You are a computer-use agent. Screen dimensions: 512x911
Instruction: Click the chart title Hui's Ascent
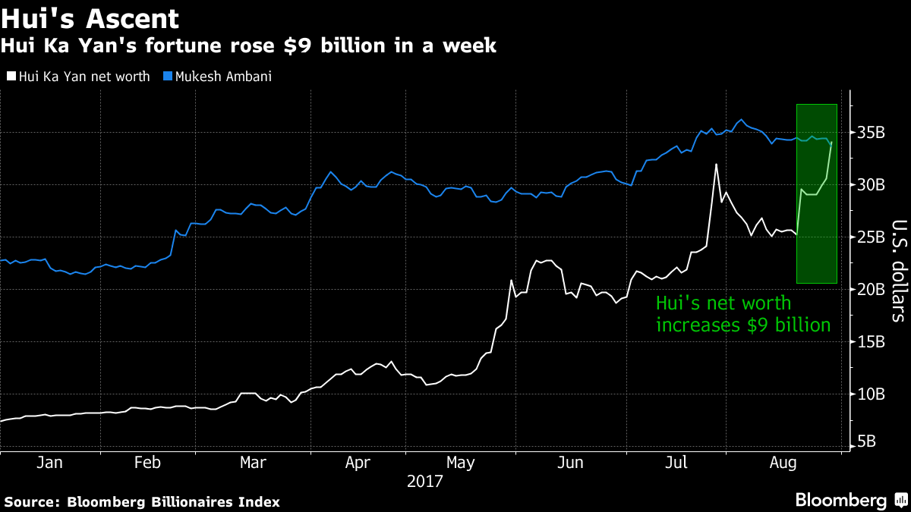click(90, 19)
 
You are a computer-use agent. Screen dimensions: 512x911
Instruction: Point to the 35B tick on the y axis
click(871, 133)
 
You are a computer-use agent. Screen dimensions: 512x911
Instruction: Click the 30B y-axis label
click(871, 186)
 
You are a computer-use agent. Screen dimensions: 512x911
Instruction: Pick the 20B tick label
click(871, 291)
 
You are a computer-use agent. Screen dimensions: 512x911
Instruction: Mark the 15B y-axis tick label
click(871, 343)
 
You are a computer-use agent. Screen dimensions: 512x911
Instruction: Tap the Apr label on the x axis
click(357, 463)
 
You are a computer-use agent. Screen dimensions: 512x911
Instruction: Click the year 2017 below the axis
click(425, 481)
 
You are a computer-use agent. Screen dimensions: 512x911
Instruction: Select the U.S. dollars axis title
click(898, 271)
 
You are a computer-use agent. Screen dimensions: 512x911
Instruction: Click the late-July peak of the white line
click(715, 165)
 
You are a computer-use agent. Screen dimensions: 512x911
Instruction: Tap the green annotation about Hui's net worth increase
click(742, 315)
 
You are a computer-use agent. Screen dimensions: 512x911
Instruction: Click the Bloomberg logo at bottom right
click(850, 500)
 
